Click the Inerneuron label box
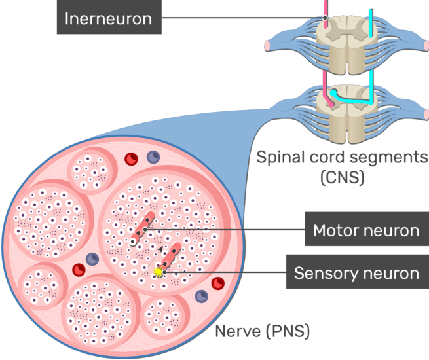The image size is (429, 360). pyautogui.click(x=108, y=19)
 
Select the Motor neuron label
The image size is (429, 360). pyautogui.click(x=365, y=230)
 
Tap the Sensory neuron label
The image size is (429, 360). pyautogui.click(x=356, y=272)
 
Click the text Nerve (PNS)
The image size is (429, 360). pyautogui.click(x=262, y=331)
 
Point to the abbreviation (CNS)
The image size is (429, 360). pyautogui.click(x=341, y=177)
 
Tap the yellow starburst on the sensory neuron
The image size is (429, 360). pyautogui.click(x=157, y=272)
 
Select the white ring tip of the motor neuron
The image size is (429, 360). pyautogui.click(x=133, y=242)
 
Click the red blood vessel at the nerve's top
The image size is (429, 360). pyautogui.click(x=130, y=158)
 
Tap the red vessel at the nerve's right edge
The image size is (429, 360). pyautogui.click(x=218, y=283)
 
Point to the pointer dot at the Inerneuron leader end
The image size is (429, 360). pyautogui.click(x=324, y=18)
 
